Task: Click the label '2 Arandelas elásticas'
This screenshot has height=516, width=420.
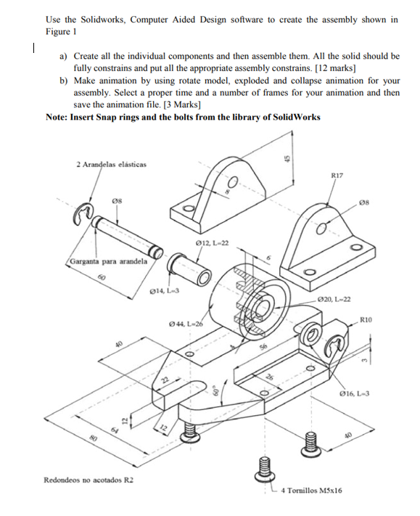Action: [111, 164]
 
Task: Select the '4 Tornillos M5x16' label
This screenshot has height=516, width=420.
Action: [310, 491]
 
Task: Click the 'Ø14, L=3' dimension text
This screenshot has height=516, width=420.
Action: [158, 291]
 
